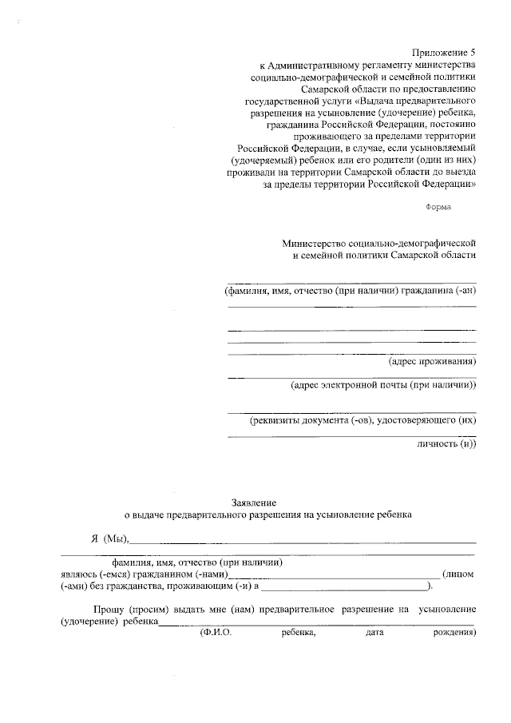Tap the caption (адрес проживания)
[x=432, y=361]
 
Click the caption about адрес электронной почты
[x=383, y=385]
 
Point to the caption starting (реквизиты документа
[x=363, y=419]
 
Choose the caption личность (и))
[x=446, y=443]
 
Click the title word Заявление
[x=254, y=503]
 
